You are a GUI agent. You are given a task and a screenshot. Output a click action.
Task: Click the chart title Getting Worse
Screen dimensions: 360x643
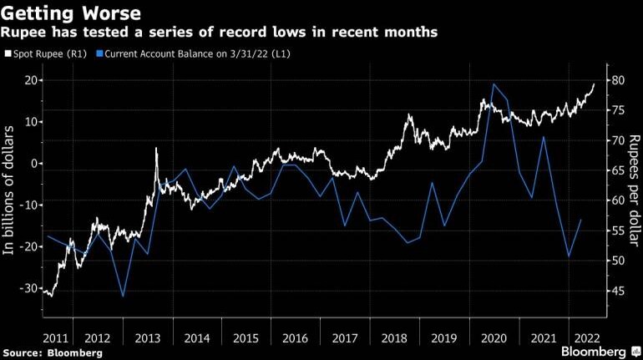click(x=70, y=13)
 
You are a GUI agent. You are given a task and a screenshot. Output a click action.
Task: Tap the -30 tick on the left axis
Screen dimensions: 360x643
click(x=30, y=288)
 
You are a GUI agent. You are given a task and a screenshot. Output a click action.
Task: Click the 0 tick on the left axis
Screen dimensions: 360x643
click(x=36, y=164)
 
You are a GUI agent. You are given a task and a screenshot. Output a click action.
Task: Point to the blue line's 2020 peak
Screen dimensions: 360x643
click(x=494, y=84)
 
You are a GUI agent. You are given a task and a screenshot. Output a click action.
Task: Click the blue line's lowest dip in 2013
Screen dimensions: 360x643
click(x=123, y=296)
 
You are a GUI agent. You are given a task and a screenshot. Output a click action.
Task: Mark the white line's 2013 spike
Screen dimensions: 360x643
click(x=156, y=149)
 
